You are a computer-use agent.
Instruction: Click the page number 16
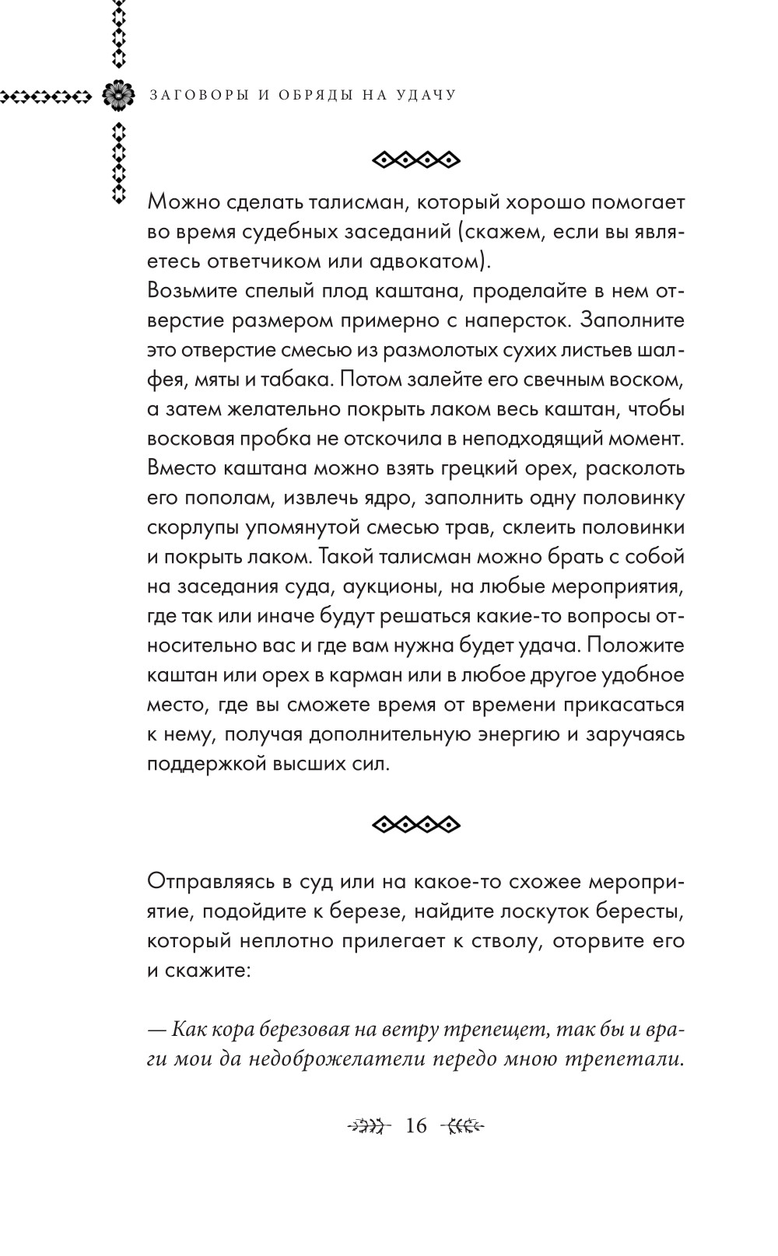point(416,1125)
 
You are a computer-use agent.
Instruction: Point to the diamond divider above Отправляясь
point(416,824)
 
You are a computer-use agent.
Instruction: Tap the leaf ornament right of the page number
point(464,1125)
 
